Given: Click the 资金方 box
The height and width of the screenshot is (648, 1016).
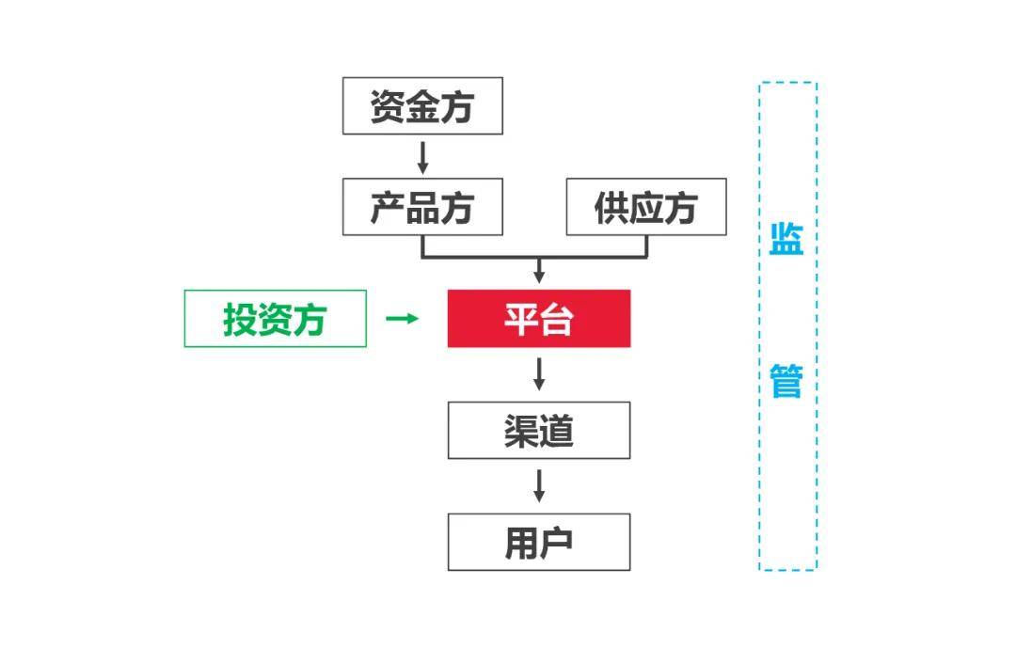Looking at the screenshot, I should [x=421, y=106].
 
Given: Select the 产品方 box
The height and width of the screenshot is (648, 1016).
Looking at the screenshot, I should [x=421, y=207].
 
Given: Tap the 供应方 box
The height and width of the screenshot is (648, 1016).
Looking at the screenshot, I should [x=645, y=207].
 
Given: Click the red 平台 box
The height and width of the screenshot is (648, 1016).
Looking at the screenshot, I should [x=538, y=319].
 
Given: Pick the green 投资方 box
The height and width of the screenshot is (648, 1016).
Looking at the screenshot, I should [x=275, y=319].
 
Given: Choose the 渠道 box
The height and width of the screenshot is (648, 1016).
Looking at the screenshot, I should [x=538, y=431].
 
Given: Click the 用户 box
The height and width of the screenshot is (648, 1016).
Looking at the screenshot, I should [x=538, y=542].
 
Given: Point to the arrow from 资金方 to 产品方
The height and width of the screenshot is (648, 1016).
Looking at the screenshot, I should [x=422, y=156].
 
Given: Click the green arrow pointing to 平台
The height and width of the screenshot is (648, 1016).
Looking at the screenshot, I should [x=403, y=319].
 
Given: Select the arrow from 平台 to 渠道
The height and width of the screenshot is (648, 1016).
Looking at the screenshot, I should [x=539, y=373].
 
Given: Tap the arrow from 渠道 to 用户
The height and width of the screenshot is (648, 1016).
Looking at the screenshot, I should [x=539, y=485].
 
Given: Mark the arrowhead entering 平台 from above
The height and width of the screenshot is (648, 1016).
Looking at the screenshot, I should [x=539, y=276].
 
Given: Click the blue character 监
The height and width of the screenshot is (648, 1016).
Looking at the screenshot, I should [x=786, y=239].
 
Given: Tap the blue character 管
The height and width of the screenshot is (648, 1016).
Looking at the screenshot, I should [x=786, y=382].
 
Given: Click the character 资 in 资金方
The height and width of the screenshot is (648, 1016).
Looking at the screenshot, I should [x=388, y=106].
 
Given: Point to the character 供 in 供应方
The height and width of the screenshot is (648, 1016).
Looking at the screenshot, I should [x=611, y=207].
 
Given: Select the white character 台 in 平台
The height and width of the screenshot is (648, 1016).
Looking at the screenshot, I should [x=556, y=319].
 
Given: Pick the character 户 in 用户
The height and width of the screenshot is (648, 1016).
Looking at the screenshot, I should [x=556, y=542].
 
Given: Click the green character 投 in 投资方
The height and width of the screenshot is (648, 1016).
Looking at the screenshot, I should [x=240, y=319].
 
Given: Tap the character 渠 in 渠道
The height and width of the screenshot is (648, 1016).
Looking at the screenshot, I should [x=520, y=431].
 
